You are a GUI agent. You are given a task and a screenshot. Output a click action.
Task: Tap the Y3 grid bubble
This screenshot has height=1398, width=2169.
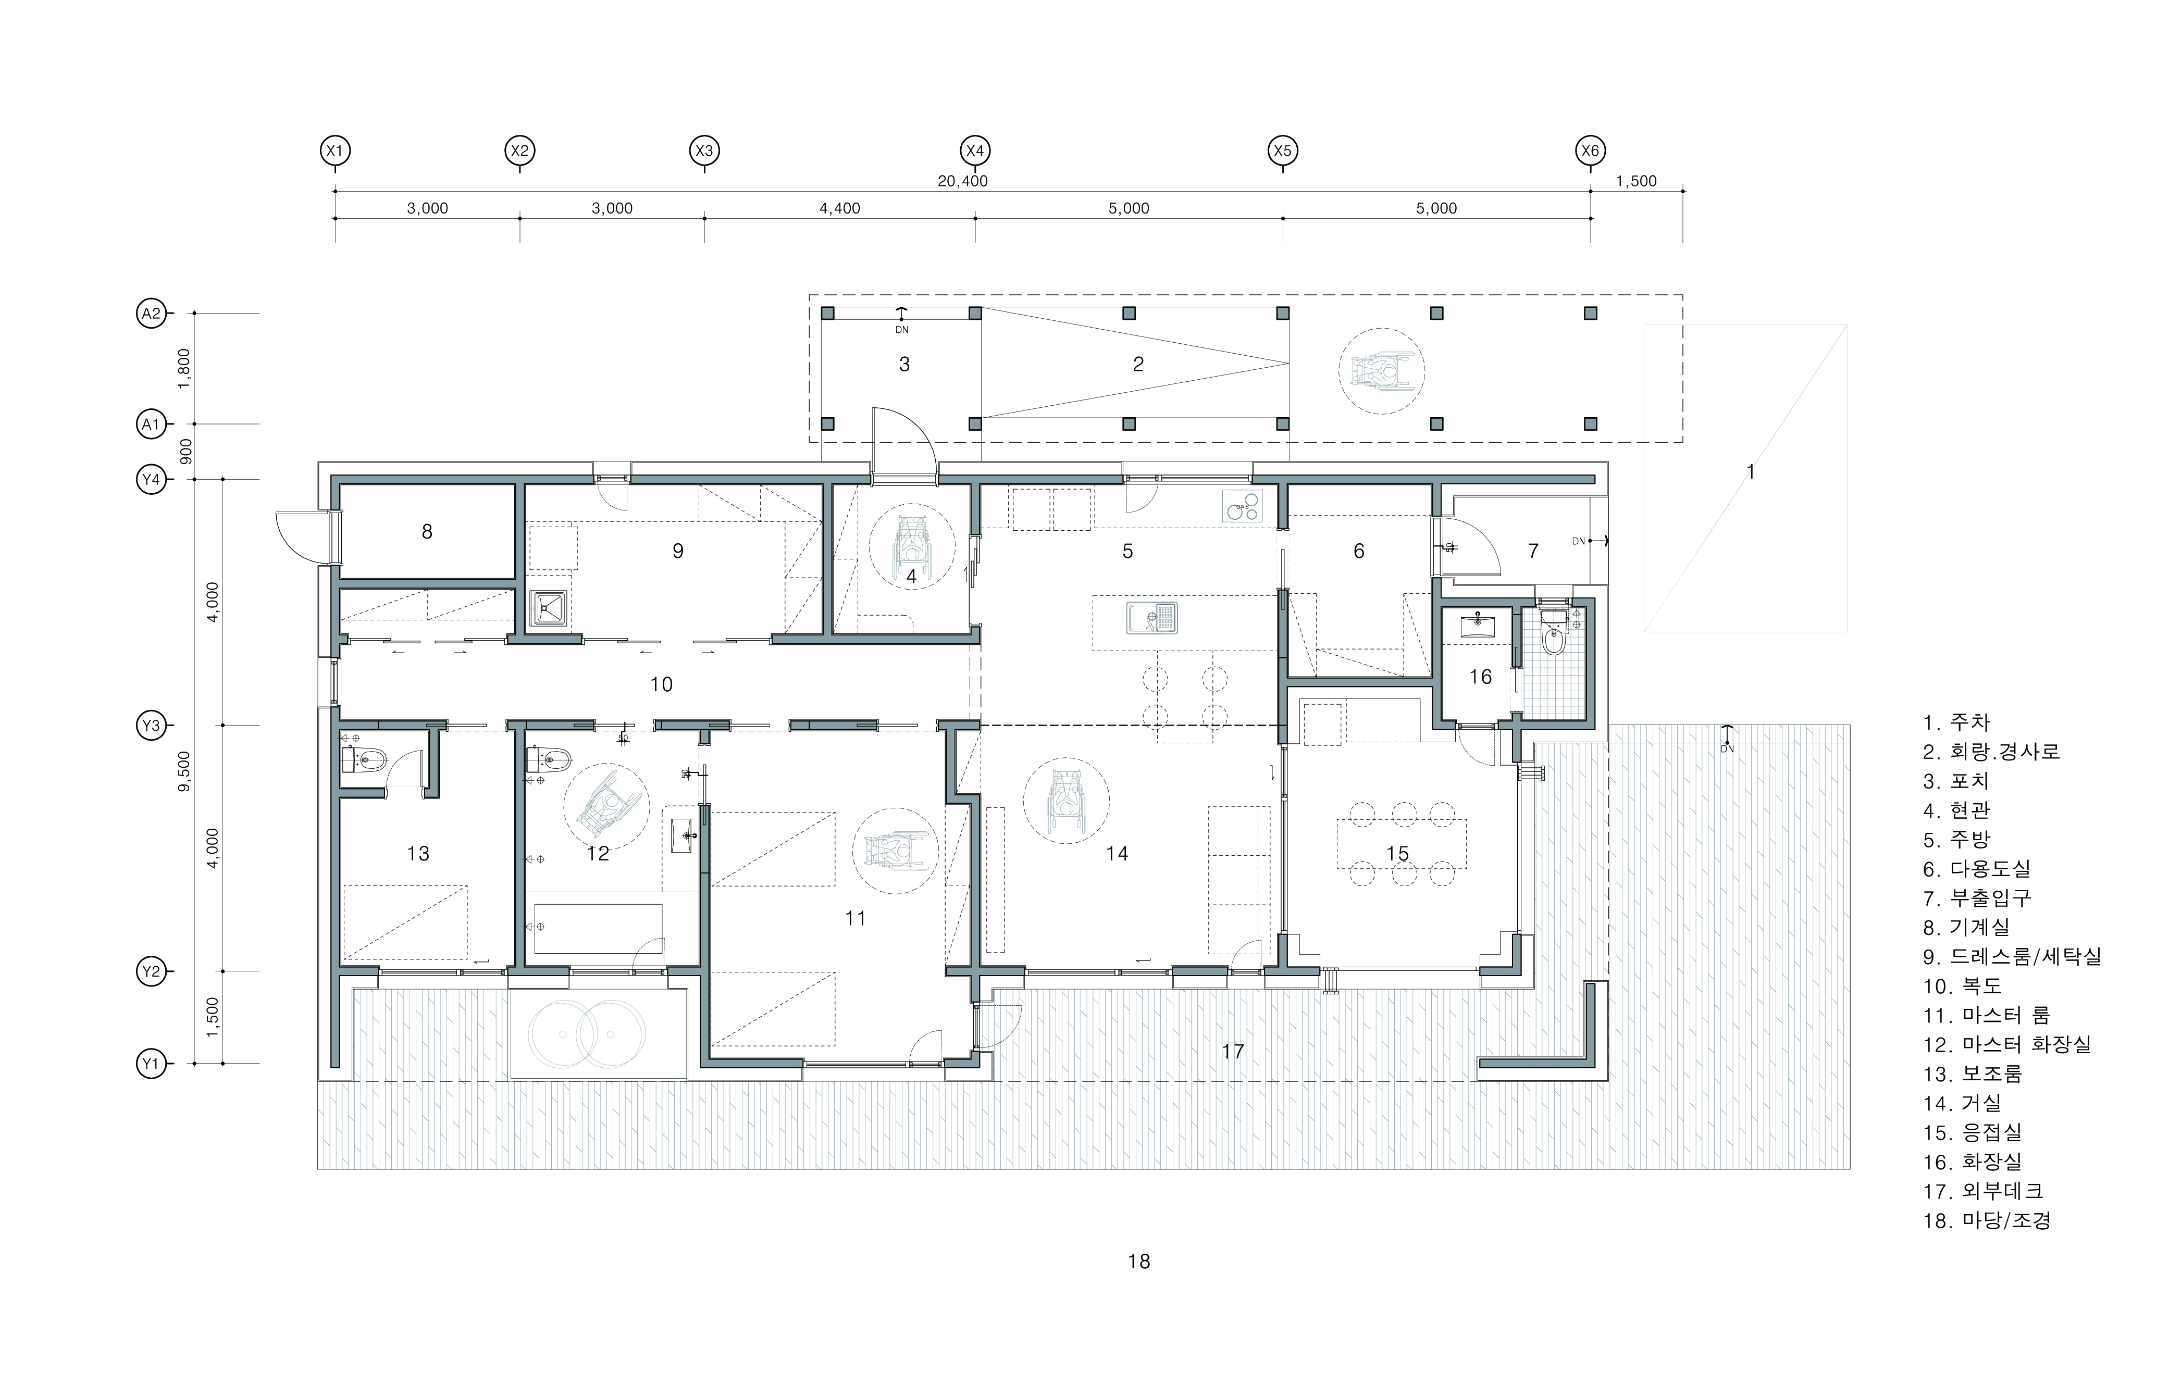pos(151,726)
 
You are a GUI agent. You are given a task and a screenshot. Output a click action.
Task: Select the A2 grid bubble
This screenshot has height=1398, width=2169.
pos(151,314)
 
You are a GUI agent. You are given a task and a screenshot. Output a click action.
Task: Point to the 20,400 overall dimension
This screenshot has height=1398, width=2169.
pos(962,181)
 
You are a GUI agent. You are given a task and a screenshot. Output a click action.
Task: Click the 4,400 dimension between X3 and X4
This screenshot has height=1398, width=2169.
pos(840,208)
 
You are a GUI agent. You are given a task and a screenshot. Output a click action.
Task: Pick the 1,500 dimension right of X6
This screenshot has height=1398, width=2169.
pos(1636,181)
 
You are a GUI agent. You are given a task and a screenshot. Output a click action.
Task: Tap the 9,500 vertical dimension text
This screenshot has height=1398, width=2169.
pos(185,771)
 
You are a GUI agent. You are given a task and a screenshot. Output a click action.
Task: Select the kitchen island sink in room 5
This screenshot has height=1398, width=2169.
pos(1151,618)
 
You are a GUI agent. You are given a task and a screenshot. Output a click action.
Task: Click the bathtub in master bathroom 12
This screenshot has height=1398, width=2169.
pos(598,928)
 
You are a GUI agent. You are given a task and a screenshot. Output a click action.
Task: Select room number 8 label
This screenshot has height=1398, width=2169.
pos(427,532)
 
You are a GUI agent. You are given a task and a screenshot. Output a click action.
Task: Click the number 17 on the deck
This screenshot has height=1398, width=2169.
pos(1232,1051)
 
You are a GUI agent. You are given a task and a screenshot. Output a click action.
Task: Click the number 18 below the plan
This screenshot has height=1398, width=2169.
pos(1138,1261)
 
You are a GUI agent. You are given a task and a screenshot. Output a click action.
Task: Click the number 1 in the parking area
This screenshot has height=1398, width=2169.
pos(1751,472)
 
